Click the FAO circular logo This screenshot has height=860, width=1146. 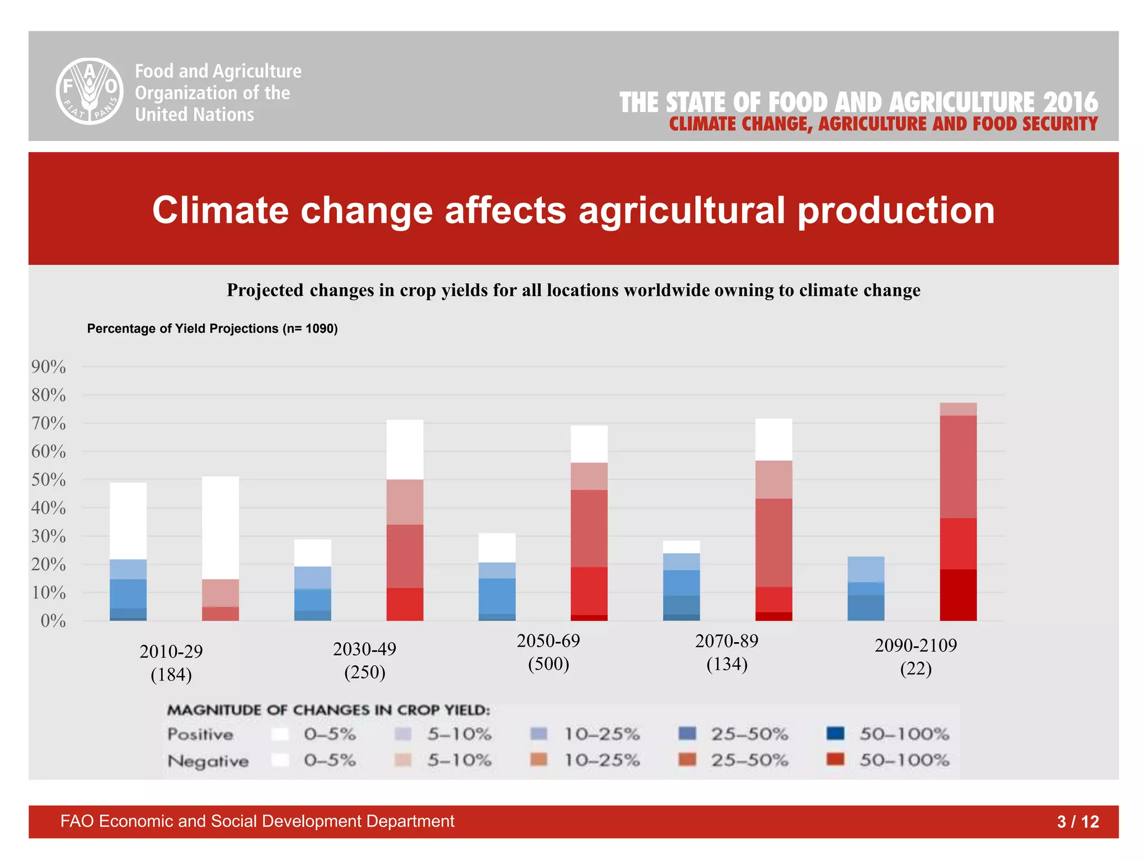(90, 91)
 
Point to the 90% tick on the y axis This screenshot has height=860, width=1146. (49, 367)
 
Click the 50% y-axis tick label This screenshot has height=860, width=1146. (49, 480)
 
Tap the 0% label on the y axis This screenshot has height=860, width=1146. (53, 621)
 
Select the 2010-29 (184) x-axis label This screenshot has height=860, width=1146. (171, 663)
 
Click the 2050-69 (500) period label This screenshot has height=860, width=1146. (548, 652)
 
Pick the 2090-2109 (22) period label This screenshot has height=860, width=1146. (916, 657)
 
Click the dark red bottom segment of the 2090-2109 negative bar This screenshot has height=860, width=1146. (958, 595)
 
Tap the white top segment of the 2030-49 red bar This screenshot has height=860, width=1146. (405, 450)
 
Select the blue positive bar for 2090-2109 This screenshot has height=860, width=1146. (866, 588)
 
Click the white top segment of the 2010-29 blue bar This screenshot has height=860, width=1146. (128, 521)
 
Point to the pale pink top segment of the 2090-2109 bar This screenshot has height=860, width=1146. (958, 409)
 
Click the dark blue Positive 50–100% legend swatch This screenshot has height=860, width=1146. (835, 733)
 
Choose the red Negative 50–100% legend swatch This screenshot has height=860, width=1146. (835, 760)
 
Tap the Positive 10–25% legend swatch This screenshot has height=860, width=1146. (538, 733)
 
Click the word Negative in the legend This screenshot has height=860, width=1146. (208, 761)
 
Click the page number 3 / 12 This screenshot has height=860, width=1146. (1078, 821)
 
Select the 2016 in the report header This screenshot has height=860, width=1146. (1070, 102)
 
